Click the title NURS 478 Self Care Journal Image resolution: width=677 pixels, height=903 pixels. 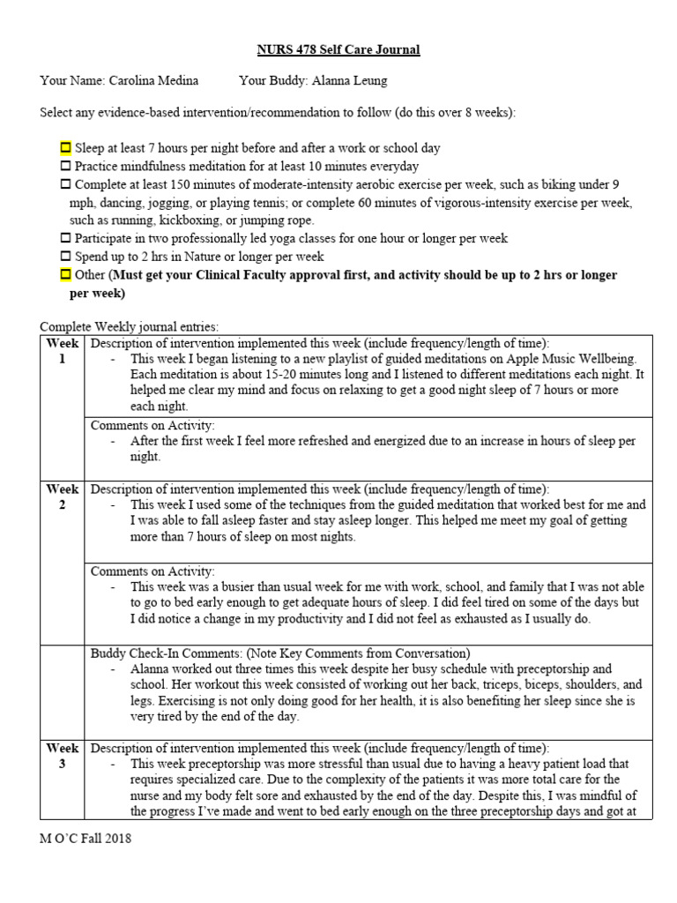338,49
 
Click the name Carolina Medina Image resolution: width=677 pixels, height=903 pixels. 153,81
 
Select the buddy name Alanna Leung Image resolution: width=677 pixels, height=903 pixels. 344,81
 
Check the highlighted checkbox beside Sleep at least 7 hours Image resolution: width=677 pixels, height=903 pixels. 65,148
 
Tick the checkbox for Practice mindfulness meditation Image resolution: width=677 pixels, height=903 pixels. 65,166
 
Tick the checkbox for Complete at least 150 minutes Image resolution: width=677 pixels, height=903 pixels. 65,184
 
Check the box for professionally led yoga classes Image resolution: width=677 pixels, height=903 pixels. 65,239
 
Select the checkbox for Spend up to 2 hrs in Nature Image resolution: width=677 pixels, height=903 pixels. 65,257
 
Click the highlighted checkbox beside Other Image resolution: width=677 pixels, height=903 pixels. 65,275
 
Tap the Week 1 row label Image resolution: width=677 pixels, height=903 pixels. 62,351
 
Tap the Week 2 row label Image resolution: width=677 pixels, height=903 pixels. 62,496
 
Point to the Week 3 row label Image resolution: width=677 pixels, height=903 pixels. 62,756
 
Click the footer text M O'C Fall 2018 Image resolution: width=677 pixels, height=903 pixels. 86,839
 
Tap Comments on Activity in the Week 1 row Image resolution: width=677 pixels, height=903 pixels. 153,425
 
